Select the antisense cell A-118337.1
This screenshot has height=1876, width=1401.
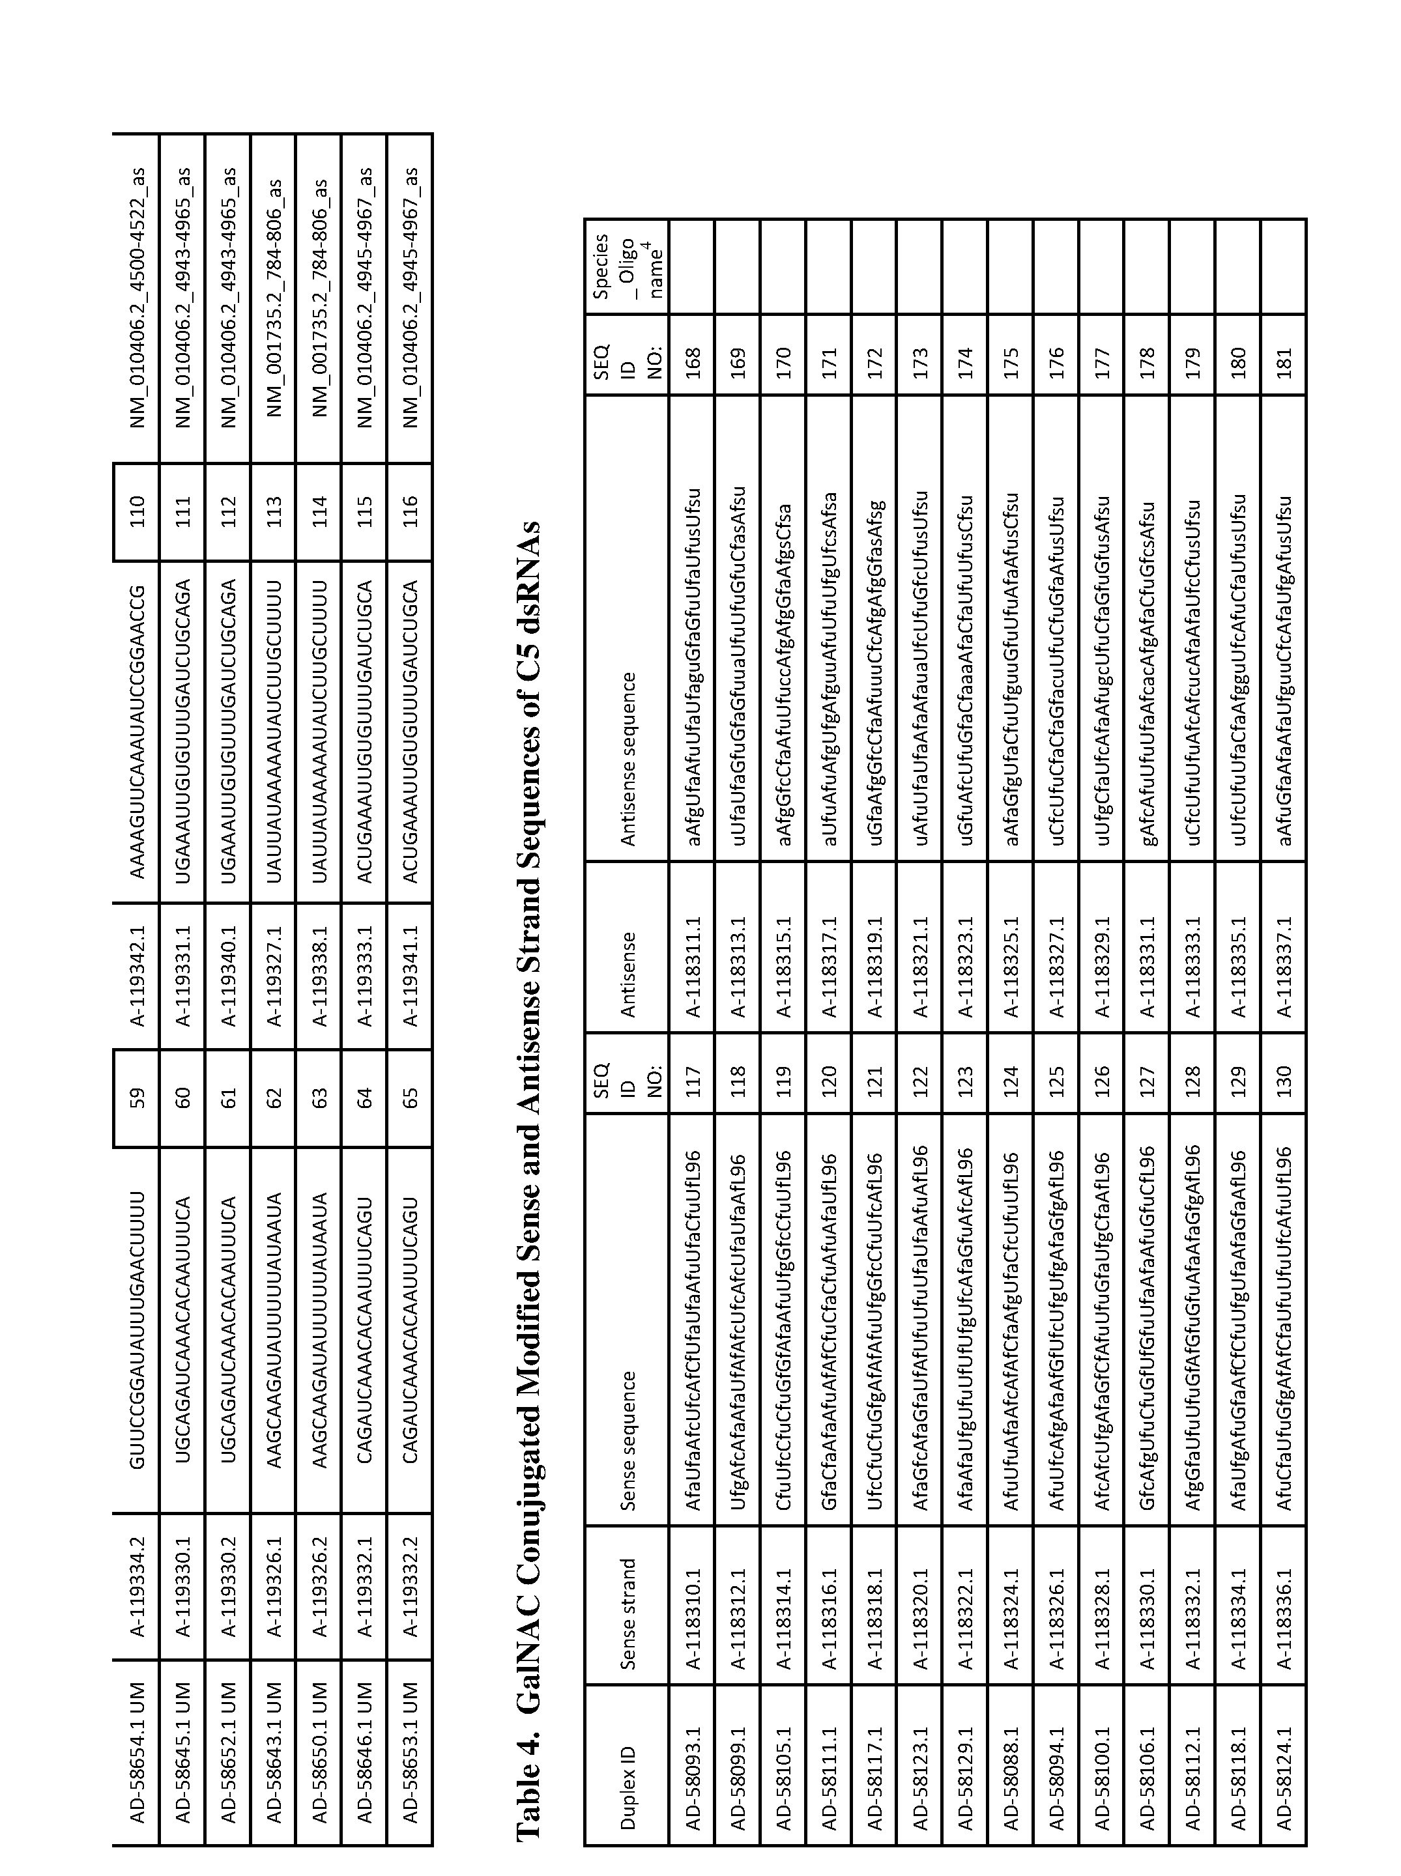click(1284, 967)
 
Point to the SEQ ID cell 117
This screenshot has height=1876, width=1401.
click(692, 1073)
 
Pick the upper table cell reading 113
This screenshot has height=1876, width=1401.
click(273, 512)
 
